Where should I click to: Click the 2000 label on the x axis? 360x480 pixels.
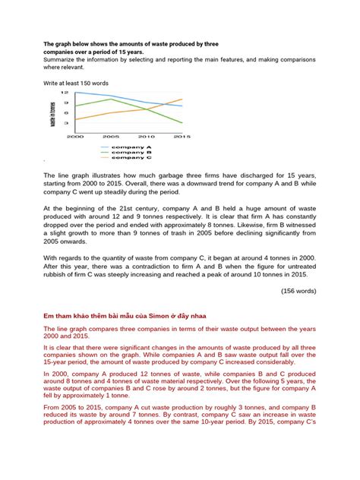(x=75, y=137)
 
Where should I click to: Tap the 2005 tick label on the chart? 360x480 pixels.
(x=112, y=137)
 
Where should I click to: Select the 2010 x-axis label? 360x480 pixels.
(x=147, y=137)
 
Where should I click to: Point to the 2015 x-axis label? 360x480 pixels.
(x=182, y=137)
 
